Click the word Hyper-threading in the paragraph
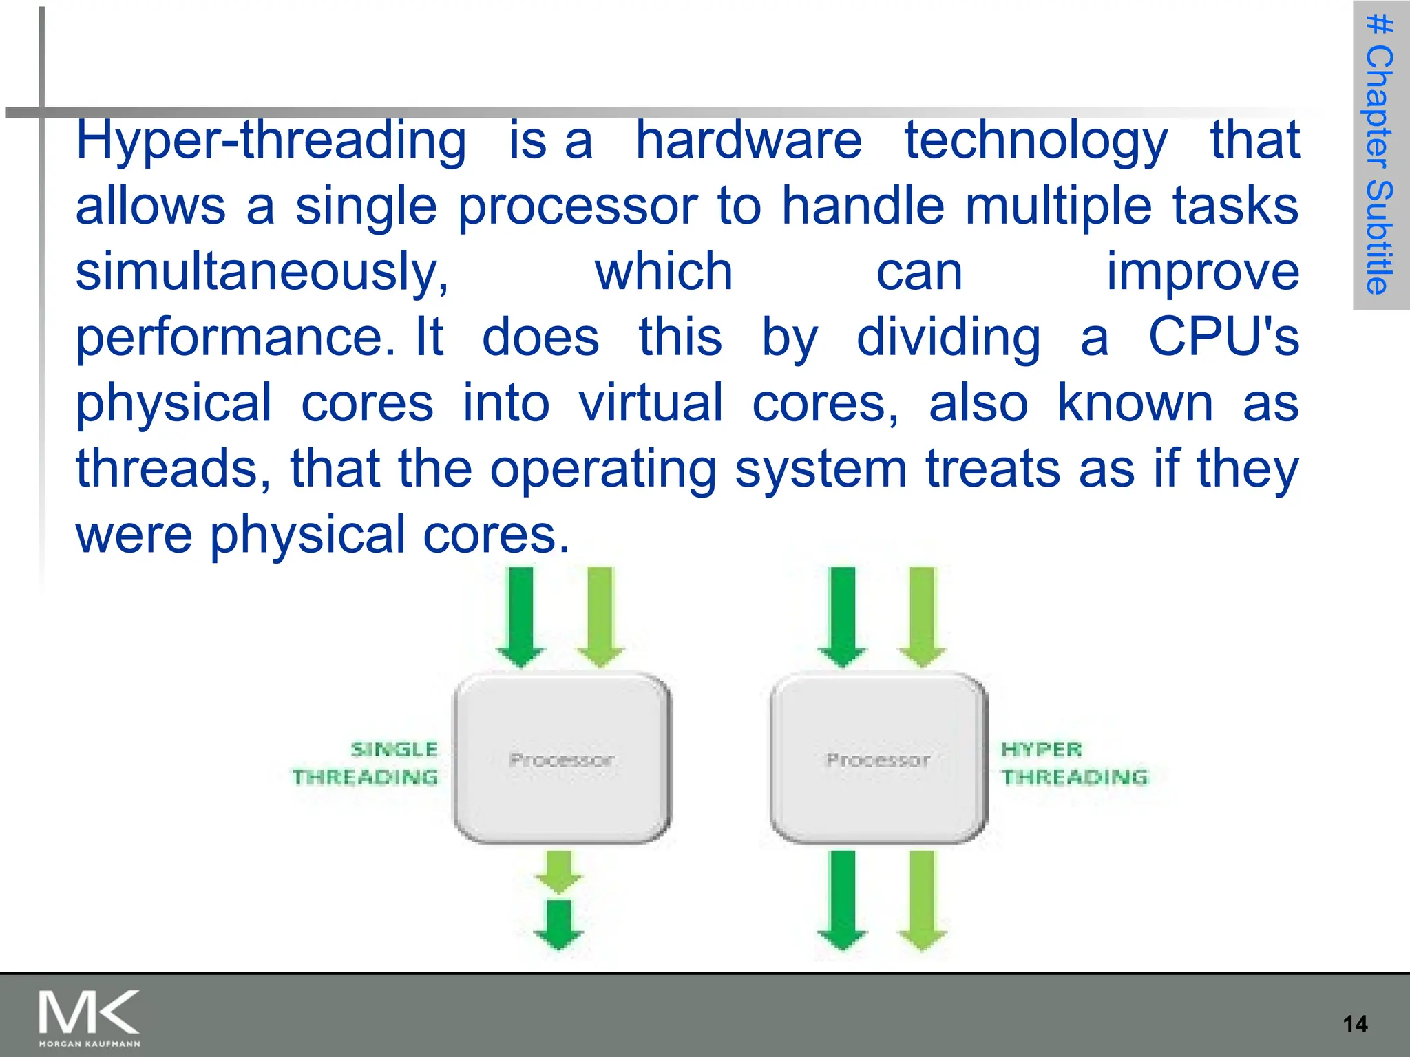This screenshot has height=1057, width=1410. click(x=271, y=141)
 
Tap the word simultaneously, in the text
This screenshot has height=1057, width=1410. click(x=262, y=273)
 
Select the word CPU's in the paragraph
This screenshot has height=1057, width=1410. click(x=1223, y=337)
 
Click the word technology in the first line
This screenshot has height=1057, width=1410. click(x=1035, y=140)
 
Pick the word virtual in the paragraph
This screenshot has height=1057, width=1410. click(x=651, y=403)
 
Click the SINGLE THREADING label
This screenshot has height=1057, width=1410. click(x=366, y=762)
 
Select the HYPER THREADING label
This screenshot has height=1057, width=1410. click(x=1074, y=762)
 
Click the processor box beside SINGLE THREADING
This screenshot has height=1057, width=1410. click(x=561, y=758)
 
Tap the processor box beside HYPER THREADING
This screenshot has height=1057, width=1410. click(x=878, y=758)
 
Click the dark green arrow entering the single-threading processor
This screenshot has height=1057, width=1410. click(x=520, y=616)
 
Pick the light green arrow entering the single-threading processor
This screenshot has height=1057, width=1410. click(x=600, y=616)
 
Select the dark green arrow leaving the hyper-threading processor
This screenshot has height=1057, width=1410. click(x=842, y=899)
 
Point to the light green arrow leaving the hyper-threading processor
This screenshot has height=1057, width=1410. click(x=923, y=899)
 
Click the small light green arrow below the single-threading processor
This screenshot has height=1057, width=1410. click(x=558, y=871)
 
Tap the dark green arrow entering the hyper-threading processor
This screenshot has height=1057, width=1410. click(x=842, y=616)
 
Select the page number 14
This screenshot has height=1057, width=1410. click(x=1355, y=1024)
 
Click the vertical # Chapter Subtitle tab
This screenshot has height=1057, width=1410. click(x=1380, y=155)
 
